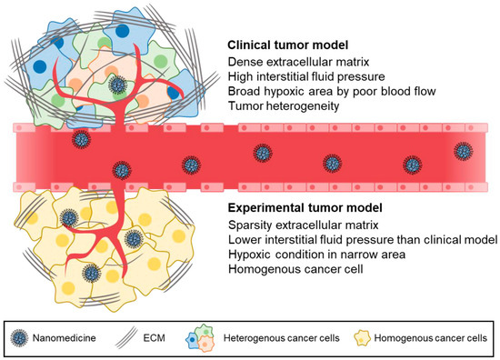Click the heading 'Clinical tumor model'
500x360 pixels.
click(x=287, y=45)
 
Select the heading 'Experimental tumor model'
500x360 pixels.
click(x=305, y=208)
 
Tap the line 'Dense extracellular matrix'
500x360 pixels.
click(x=299, y=62)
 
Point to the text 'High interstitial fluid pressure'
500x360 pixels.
click(x=306, y=76)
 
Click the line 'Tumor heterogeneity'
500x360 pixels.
click(x=284, y=105)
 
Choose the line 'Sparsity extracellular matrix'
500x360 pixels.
click(x=304, y=225)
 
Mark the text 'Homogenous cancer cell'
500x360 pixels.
click(x=295, y=269)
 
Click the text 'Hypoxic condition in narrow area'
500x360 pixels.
click(x=317, y=255)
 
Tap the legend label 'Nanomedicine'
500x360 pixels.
click(x=65, y=337)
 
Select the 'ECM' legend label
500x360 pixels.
click(x=154, y=337)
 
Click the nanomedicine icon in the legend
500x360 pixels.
click(x=19, y=338)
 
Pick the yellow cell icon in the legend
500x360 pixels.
click(x=363, y=338)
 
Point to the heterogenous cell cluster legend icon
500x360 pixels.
click(x=200, y=337)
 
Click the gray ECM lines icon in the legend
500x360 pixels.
click(x=126, y=337)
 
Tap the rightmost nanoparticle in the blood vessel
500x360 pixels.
click(x=464, y=151)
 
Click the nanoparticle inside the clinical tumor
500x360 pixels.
click(x=117, y=85)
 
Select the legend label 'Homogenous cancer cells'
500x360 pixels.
click(x=431, y=337)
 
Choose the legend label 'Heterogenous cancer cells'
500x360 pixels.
click(x=282, y=337)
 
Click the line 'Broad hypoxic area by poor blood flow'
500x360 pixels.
click(x=332, y=91)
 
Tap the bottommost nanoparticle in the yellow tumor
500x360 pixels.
click(x=92, y=273)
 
